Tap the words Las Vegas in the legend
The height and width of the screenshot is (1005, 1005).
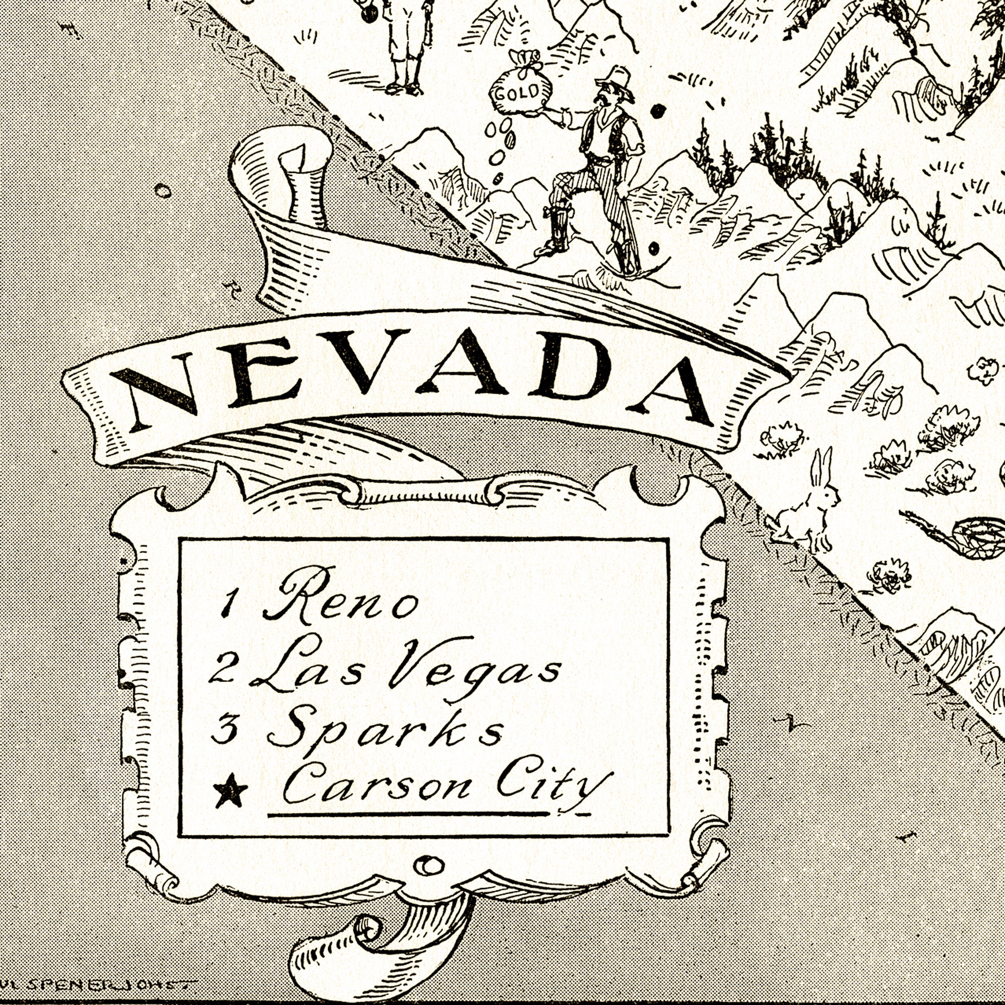coord(406,669)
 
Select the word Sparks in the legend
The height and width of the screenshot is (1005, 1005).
coord(385,731)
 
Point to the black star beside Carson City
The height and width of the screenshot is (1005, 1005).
coord(230,791)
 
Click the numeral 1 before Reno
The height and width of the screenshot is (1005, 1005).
coord(227,603)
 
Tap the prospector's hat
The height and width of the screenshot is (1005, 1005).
coord(616,81)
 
